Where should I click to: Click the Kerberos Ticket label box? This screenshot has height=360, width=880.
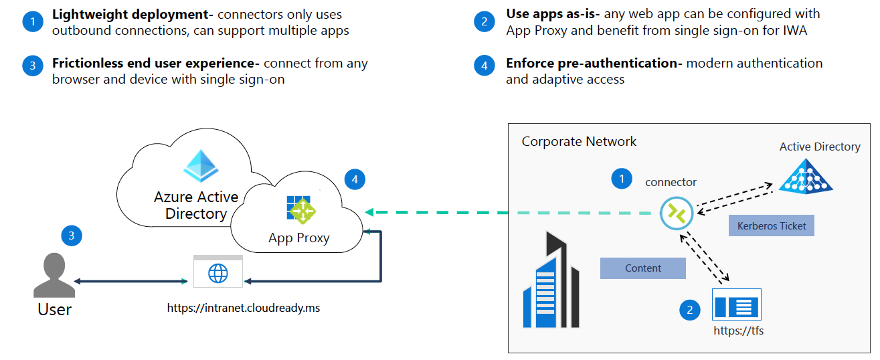(772, 226)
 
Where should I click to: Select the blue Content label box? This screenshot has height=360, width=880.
(642, 268)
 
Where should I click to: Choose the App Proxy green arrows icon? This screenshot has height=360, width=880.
(300, 210)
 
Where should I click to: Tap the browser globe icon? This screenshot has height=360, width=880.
(218, 273)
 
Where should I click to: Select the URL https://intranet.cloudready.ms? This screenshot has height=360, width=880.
(244, 309)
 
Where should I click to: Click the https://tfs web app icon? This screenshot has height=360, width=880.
(737, 306)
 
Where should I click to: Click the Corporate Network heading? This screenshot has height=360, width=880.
(579, 141)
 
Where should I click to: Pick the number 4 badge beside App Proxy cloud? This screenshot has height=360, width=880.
(355, 179)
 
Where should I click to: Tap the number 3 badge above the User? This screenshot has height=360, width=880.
(72, 235)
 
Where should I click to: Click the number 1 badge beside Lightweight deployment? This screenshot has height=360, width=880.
(31, 22)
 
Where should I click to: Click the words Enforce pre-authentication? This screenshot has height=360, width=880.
(593, 64)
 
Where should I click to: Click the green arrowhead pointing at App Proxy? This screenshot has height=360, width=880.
(370, 213)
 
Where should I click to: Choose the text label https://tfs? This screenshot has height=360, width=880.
(738, 331)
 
